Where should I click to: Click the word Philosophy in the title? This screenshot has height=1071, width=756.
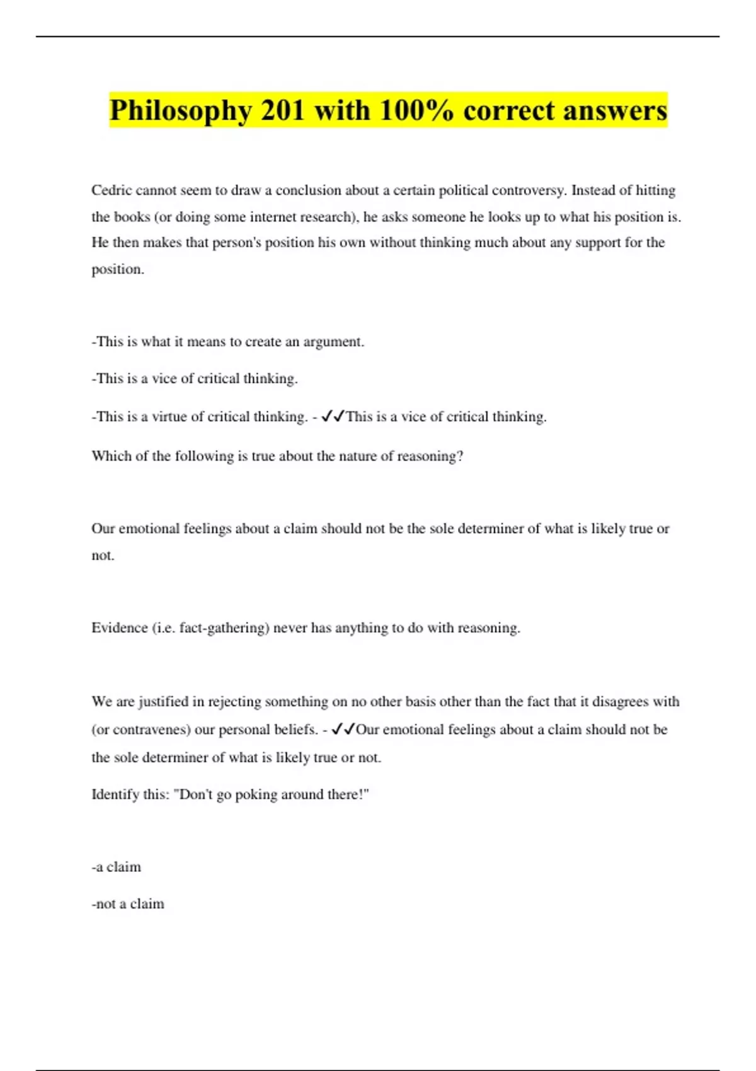[x=180, y=111]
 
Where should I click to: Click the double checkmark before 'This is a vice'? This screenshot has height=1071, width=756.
[x=332, y=416]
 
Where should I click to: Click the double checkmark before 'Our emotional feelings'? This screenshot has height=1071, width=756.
[x=343, y=730]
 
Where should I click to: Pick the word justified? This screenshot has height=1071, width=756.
[x=164, y=702]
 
